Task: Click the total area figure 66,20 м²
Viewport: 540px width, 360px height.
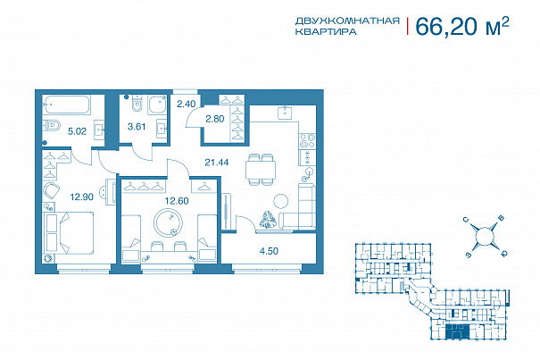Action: click(461, 27)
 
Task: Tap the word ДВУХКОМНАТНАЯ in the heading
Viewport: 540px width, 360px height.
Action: click(347, 21)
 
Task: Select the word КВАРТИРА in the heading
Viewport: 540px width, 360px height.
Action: click(326, 32)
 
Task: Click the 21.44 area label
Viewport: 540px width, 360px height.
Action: click(217, 162)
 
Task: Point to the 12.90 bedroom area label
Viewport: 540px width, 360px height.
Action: click(81, 197)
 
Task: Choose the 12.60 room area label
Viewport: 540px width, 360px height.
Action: click(177, 201)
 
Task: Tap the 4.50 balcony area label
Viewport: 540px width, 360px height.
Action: click(269, 251)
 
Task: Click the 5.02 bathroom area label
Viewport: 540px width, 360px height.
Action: click(77, 131)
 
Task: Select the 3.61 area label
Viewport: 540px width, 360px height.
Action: click(137, 127)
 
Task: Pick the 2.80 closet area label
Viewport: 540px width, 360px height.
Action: click(215, 119)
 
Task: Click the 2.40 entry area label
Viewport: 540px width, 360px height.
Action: click(186, 104)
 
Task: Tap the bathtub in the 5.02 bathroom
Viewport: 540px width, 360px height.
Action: click(66, 105)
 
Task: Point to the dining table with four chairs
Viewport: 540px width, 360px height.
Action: click(261, 169)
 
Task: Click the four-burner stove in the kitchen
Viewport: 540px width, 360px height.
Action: click(307, 141)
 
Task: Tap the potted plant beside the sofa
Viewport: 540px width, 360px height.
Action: click(268, 220)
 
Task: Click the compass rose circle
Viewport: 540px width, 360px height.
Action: click(485, 236)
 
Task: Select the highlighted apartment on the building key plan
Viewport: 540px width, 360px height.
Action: click(457, 331)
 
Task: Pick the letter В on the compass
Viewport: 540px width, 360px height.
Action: click(502, 218)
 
